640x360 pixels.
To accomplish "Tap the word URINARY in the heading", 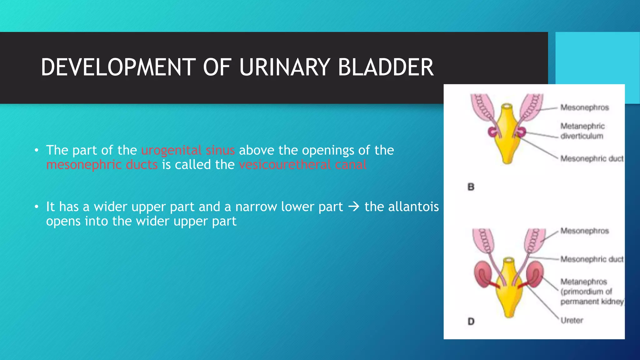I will tap(284, 67).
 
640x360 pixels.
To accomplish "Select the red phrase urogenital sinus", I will tap(188, 150).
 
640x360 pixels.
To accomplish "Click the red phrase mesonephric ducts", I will tap(102, 165).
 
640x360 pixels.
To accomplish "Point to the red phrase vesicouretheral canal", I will tap(302, 165).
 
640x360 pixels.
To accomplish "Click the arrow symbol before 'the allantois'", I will tap(354, 207).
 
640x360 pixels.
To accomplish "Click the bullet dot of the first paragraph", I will tap(37, 151).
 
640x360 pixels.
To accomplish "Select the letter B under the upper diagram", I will tap(471, 187).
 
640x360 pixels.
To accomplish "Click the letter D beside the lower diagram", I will tap(471, 321).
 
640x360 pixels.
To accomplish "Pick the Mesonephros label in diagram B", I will tap(584, 107).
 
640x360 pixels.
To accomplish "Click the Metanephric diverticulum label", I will tap(582, 131).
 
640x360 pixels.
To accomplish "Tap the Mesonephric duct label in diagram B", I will tap(592, 159).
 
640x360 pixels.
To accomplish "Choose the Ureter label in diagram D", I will tap(572, 320).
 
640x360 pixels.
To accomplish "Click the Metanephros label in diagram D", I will tap(583, 282).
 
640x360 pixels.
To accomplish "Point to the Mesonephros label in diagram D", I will tap(584, 231).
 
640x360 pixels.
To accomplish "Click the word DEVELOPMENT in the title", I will tap(118, 67).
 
